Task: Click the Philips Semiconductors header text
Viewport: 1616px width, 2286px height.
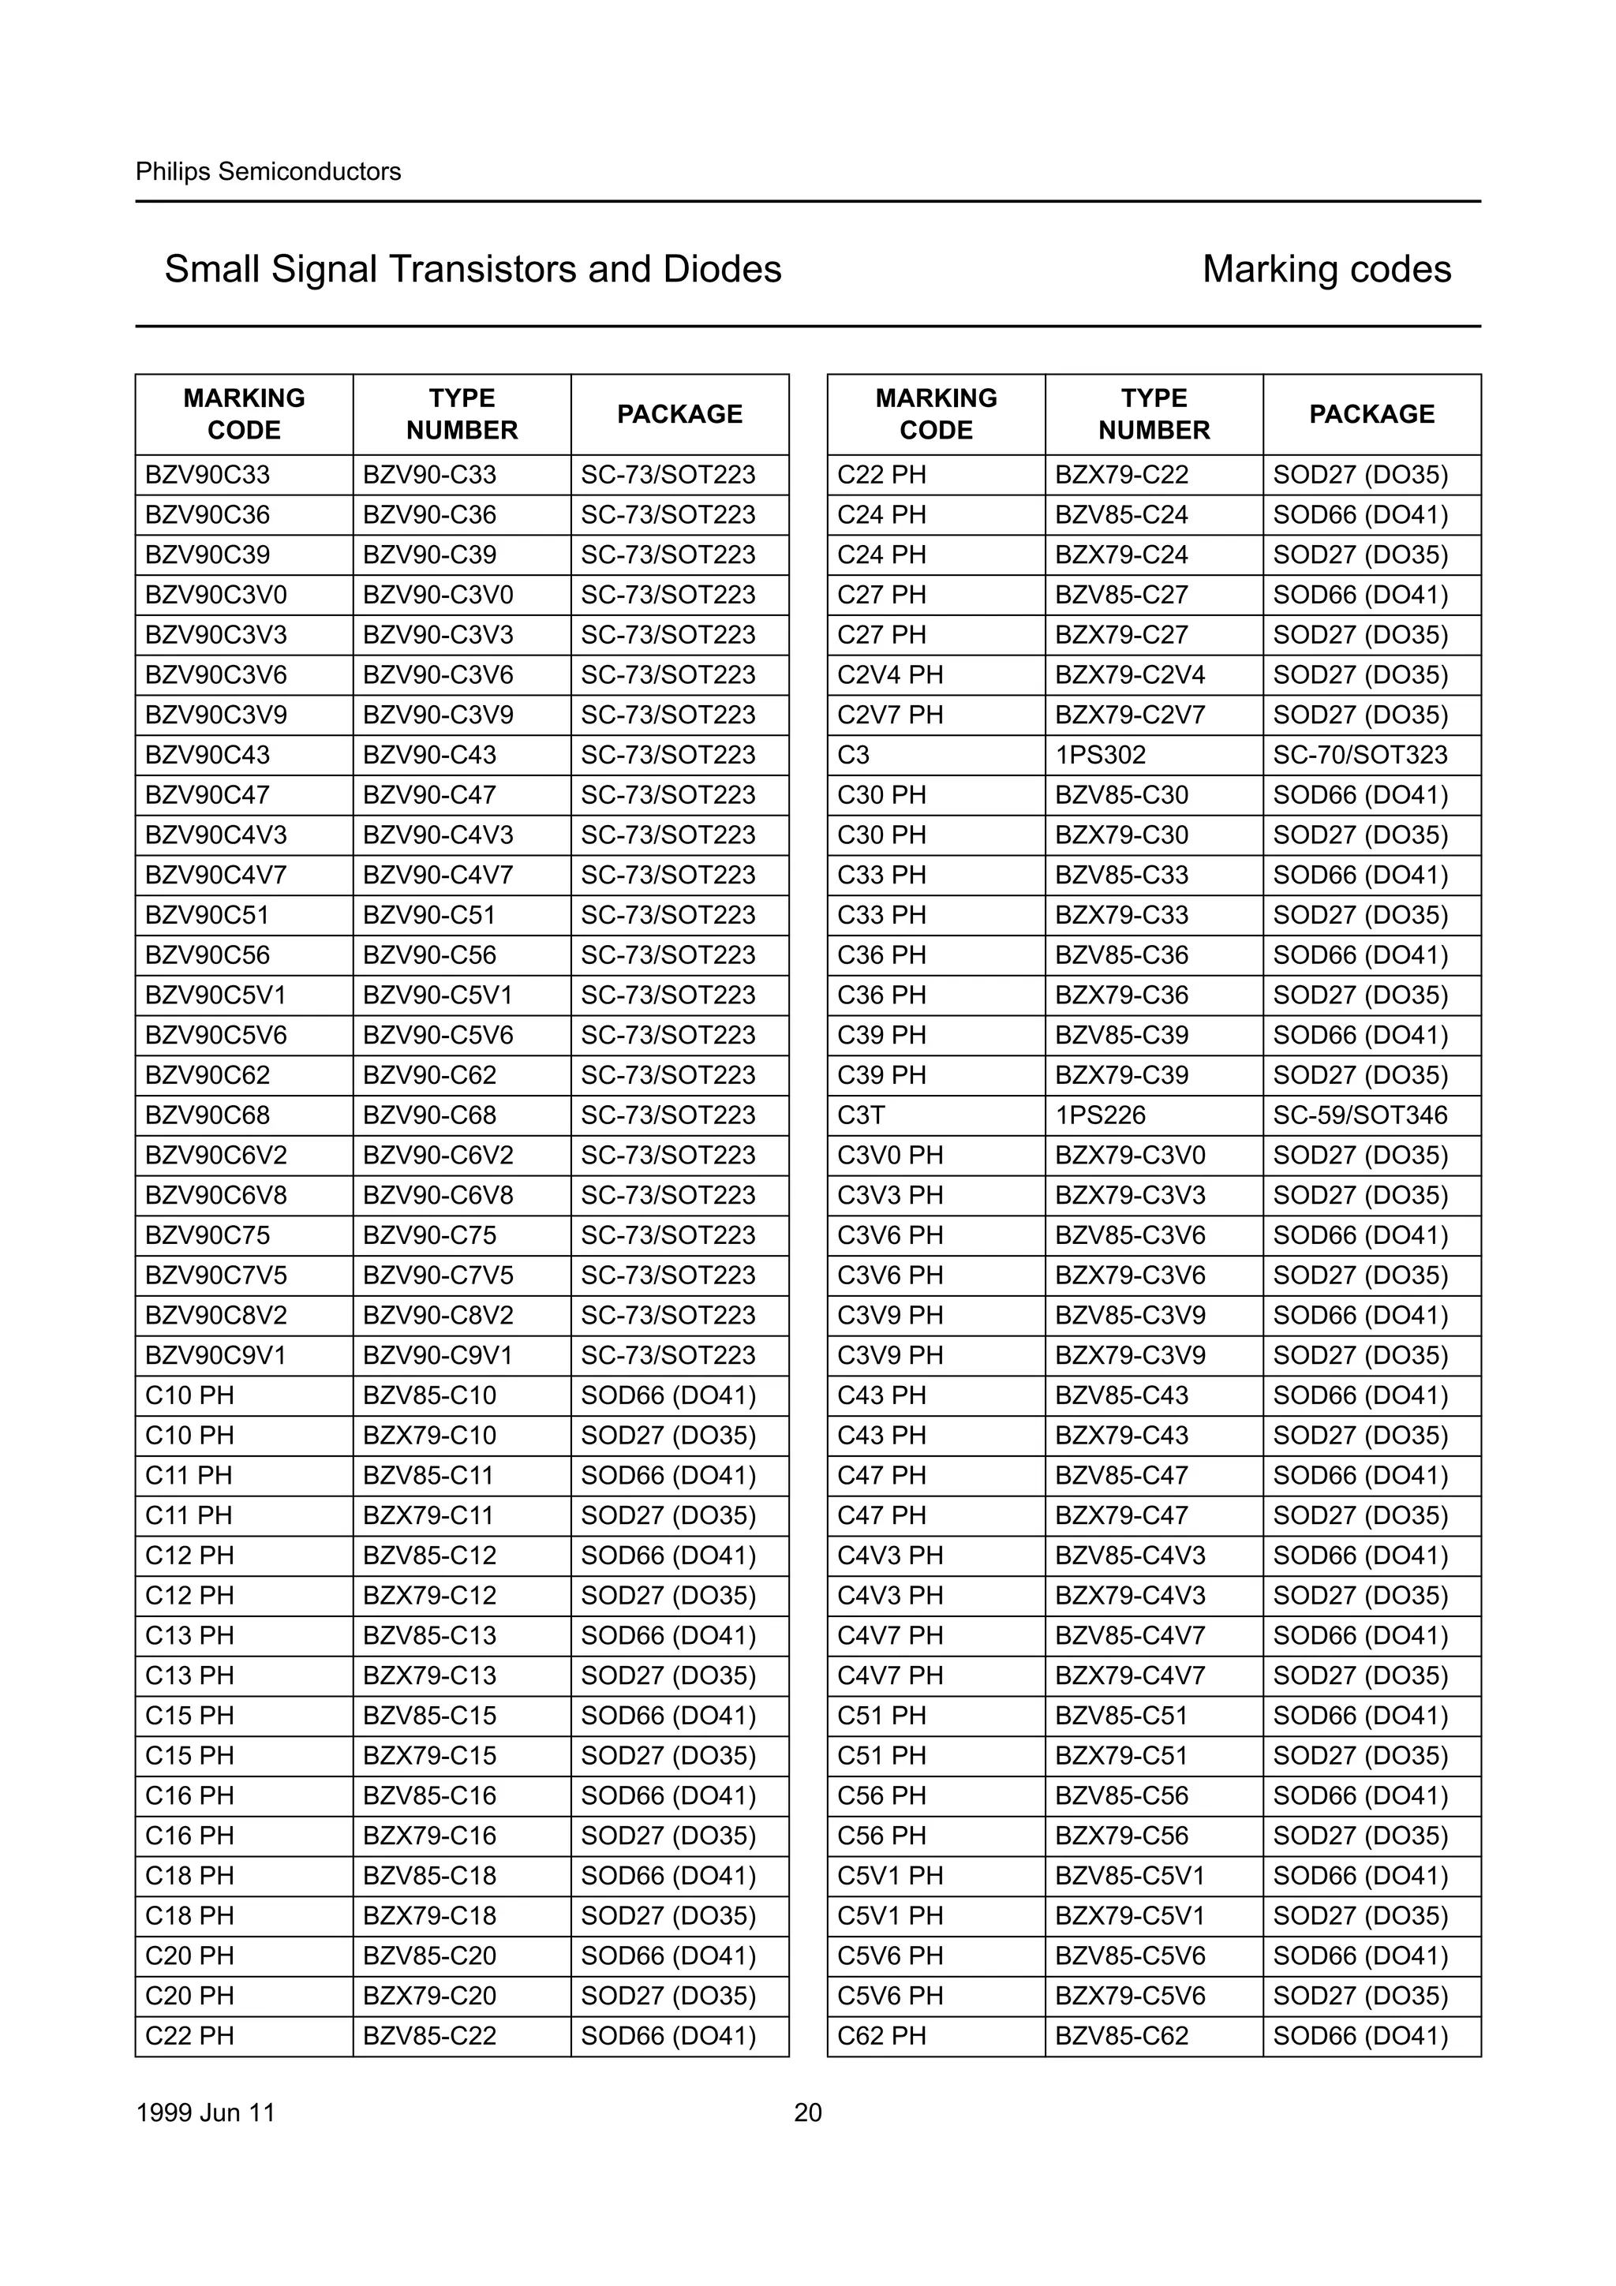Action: click(x=267, y=171)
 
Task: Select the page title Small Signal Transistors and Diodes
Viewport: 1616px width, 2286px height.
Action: click(x=472, y=269)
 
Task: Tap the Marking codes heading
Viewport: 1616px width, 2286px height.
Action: click(x=1326, y=269)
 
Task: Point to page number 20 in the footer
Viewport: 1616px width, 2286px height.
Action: click(x=807, y=2112)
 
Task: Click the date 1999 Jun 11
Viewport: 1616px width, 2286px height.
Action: click(x=205, y=2112)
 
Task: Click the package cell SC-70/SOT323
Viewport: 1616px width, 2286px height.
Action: click(x=1360, y=755)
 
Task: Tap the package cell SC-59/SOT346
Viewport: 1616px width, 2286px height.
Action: click(x=1360, y=1115)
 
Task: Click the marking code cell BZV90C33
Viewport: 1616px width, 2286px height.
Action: click(x=207, y=475)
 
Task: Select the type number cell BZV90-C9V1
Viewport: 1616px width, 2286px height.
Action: click(x=438, y=1355)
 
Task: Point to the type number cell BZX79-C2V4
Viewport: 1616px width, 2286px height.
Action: click(x=1129, y=675)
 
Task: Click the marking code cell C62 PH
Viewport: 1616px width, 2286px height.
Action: click(x=881, y=2035)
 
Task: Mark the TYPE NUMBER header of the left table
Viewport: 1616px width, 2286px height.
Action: click(x=462, y=414)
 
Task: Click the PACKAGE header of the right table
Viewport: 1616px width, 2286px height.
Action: click(x=1371, y=414)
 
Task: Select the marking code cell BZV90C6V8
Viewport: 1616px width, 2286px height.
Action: click(x=215, y=1195)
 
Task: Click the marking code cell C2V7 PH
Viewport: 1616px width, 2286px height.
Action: click(x=889, y=715)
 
